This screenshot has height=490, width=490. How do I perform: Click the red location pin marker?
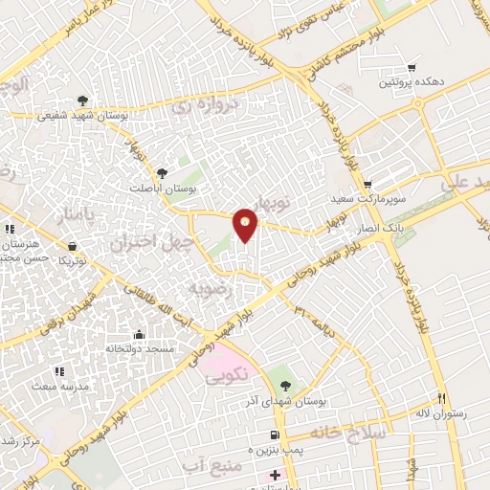point(246,224)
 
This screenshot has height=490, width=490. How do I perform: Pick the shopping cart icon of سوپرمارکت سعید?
point(367,186)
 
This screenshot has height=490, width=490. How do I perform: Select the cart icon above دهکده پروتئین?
point(412,68)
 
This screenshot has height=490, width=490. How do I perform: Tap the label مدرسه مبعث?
point(62,386)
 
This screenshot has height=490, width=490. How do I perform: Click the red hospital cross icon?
point(275,475)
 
